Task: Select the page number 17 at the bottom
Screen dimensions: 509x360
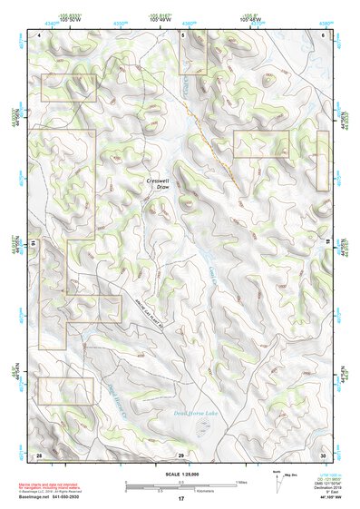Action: click(x=180, y=499)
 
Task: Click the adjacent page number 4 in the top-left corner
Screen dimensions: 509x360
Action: click(x=40, y=34)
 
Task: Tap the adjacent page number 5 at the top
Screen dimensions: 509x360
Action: click(x=181, y=34)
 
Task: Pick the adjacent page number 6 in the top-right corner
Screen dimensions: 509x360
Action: click(x=324, y=34)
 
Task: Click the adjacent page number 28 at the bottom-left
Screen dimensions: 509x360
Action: click(x=39, y=454)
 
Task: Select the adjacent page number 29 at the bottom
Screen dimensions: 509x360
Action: click(x=180, y=454)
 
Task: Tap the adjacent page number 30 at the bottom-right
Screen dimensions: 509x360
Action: click(x=323, y=454)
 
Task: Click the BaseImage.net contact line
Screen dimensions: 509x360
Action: click(x=68, y=496)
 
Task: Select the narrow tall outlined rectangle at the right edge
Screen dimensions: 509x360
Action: click(x=322, y=161)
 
